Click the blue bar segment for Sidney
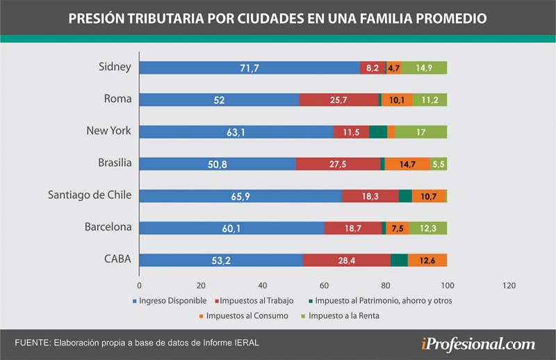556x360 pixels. coord(250,68)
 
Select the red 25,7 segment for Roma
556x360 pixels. coord(338,99)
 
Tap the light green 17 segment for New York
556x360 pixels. coord(420,132)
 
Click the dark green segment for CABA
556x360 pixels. coord(399,260)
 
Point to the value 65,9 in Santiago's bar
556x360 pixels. coord(240,197)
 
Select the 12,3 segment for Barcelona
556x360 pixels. coord(427,228)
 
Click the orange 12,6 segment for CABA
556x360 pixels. coord(427,260)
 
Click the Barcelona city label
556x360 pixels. coord(108,227)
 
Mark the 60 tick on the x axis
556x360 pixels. coord(324,285)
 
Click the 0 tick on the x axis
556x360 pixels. coord(140,285)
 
